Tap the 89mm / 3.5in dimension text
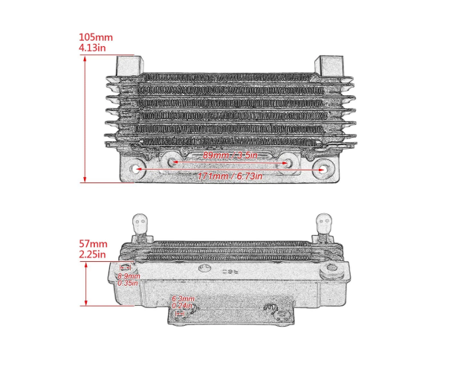230,155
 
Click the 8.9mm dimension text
129,276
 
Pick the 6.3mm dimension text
182,298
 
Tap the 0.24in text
182,305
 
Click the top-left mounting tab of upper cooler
127,65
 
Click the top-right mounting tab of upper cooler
330,65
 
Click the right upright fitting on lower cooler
324,225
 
